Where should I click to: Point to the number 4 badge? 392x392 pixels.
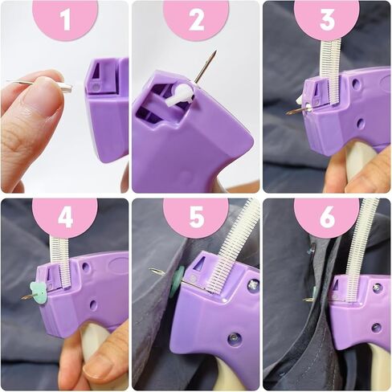64,218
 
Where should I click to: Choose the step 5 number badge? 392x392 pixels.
196,218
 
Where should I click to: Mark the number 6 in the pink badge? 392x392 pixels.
326,218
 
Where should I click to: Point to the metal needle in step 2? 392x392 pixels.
205,68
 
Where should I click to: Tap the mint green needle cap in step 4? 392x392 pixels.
37,292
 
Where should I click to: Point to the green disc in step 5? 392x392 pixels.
177,281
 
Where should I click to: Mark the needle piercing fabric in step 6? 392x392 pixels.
312,299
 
